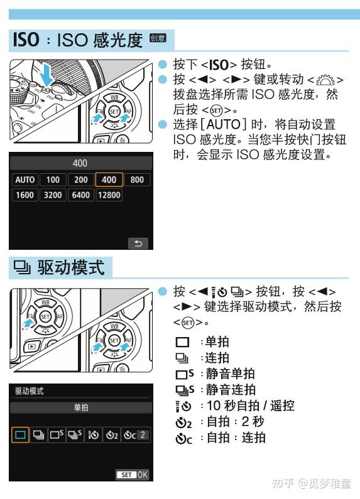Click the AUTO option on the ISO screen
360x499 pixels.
point(25,180)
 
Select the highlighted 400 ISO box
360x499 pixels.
point(109,180)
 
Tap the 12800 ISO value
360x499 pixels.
point(109,195)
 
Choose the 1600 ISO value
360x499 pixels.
point(25,195)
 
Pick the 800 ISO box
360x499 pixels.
point(137,180)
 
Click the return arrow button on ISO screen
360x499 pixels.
point(137,242)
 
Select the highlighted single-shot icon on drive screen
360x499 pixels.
point(21,434)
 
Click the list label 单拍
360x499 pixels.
point(217,341)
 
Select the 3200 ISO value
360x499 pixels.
point(53,195)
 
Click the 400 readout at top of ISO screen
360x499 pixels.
point(80,163)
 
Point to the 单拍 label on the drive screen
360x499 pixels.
point(80,407)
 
